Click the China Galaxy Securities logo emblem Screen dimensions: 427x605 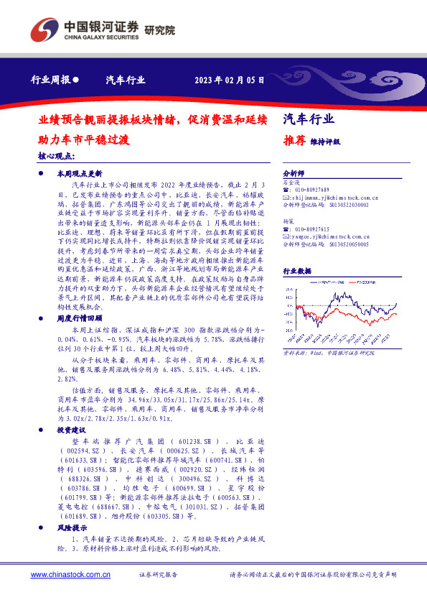[x=42, y=29]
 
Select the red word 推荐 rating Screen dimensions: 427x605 [x=295, y=142]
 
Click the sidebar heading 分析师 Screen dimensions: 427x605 [x=294, y=174]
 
